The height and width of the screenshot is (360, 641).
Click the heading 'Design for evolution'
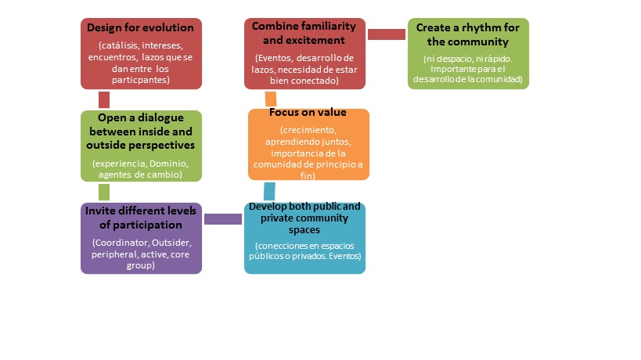141,28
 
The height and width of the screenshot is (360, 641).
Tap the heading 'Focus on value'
308,112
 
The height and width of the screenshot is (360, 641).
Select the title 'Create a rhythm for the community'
468,34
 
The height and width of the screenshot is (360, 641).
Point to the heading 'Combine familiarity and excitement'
304,33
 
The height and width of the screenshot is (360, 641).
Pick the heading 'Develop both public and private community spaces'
304,218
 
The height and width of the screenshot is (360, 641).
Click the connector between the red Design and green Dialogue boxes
103,99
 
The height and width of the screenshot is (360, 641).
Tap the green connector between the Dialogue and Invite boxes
103,192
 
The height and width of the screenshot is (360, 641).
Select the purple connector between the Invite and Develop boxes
223,219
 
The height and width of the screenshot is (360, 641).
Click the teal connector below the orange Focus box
269,191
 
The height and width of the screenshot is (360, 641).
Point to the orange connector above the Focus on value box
271,98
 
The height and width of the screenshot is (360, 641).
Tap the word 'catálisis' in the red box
113,46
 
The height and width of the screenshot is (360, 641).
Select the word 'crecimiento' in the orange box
308,128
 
